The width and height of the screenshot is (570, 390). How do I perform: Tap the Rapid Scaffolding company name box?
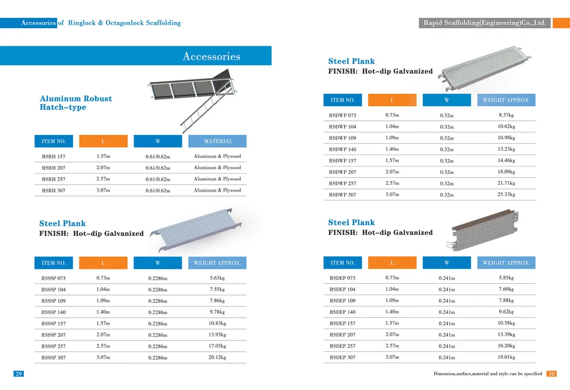click(x=484, y=23)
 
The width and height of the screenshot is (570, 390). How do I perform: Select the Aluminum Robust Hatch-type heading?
click(x=76, y=103)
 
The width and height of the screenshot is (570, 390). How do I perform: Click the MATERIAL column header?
click(x=217, y=141)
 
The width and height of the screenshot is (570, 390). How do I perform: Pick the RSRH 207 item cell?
click(x=53, y=168)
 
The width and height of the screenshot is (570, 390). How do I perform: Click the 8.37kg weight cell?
click(x=506, y=115)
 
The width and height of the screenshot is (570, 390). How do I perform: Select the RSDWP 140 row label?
click(x=343, y=150)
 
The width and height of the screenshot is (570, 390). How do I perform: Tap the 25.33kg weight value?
click(x=506, y=194)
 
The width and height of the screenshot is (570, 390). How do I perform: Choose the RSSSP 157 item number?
click(x=53, y=324)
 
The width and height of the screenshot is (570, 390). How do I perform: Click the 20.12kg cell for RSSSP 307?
click(x=217, y=357)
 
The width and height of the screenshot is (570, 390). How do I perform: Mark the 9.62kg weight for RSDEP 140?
click(x=506, y=312)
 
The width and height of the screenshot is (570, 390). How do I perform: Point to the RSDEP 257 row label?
click(x=343, y=346)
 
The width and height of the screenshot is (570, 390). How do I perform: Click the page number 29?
click(x=19, y=374)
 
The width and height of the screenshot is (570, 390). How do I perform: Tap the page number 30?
click(x=551, y=374)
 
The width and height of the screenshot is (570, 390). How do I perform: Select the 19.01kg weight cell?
click(x=506, y=357)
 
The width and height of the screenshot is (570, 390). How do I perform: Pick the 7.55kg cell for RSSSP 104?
click(x=217, y=289)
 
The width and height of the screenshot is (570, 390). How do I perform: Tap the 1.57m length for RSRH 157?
click(x=103, y=156)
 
